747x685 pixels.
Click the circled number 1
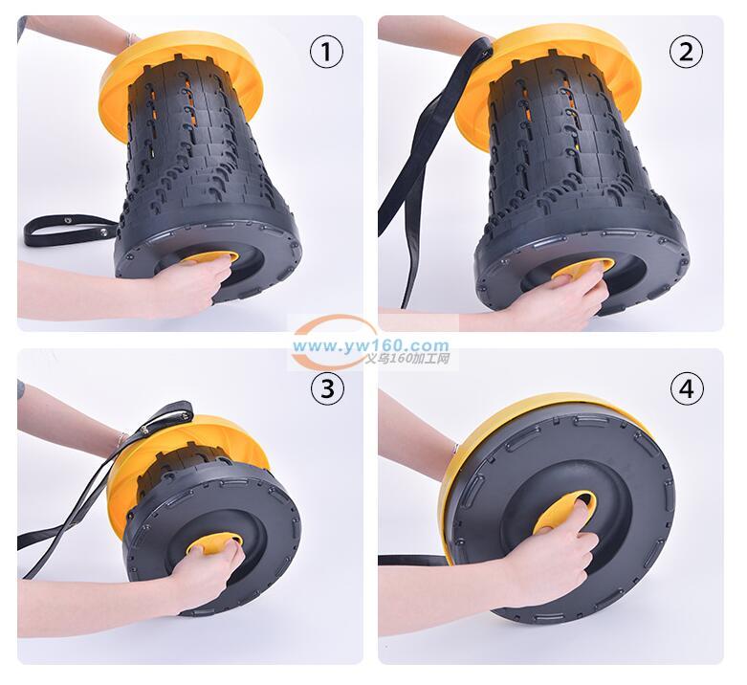click(327, 53)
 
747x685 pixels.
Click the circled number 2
click(686, 53)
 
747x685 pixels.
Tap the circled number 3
click(327, 388)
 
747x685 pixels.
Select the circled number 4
click(687, 389)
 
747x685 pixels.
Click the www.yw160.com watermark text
click(371, 345)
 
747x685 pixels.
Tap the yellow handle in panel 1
click(210, 258)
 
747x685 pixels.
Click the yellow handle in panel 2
click(583, 269)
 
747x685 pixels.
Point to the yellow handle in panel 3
click(215, 542)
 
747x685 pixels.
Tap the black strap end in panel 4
click(413, 561)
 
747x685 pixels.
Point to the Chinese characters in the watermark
click(406, 358)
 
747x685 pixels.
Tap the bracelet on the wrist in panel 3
click(122, 438)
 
